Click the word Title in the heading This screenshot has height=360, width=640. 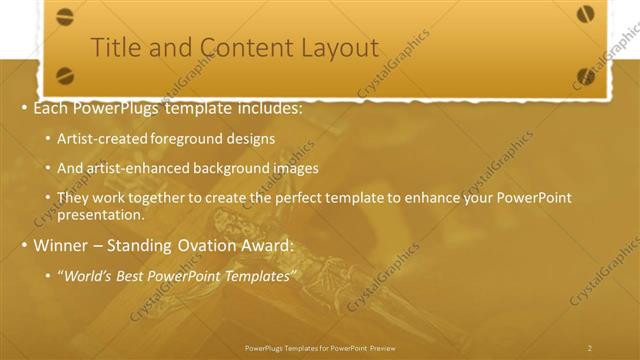tap(114, 47)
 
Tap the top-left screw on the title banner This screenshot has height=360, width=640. tap(65, 16)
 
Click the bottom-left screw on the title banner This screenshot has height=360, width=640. tap(65, 75)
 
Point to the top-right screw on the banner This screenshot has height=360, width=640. tap(586, 14)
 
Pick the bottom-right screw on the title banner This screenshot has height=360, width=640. tap(586, 75)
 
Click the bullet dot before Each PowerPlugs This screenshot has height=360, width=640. tap(23, 107)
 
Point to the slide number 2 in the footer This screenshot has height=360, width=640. tap(589, 348)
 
